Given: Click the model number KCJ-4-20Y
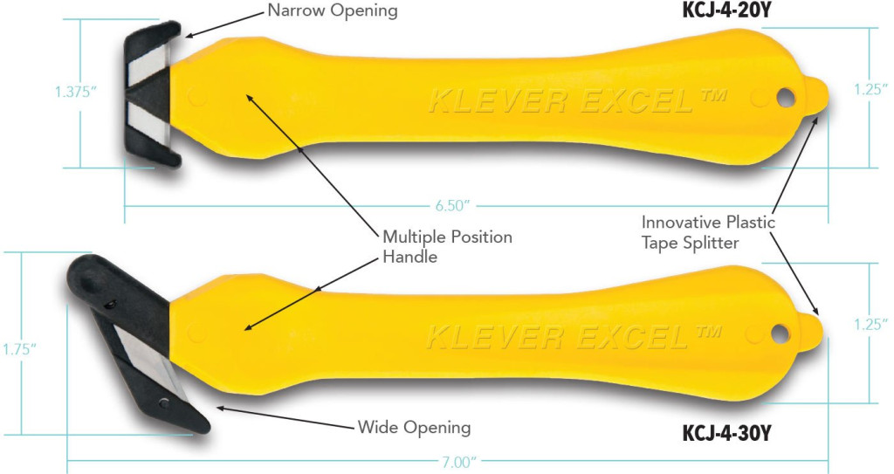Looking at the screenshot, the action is (x=726, y=10).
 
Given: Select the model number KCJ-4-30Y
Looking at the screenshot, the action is (x=726, y=434).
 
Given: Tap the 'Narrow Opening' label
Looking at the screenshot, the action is (x=333, y=11).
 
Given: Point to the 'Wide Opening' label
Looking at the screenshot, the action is (x=414, y=428).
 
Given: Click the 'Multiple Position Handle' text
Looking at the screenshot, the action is (x=447, y=246).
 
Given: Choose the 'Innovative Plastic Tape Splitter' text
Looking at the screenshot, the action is (x=707, y=232).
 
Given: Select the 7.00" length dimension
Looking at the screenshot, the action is (x=457, y=462).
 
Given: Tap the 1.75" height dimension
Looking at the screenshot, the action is (x=19, y=349).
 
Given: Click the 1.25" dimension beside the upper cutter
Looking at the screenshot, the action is (x=870, y=90).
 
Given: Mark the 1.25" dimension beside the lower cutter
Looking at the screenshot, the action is (x=870, y=324).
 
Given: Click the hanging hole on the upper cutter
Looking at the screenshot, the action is (x=785, y=98).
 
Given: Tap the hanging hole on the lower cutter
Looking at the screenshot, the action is (x=780, y=333).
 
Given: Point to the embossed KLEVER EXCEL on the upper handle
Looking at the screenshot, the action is (x=577, y=101).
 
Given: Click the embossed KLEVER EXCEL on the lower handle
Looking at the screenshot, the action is (x=573, y=337).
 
